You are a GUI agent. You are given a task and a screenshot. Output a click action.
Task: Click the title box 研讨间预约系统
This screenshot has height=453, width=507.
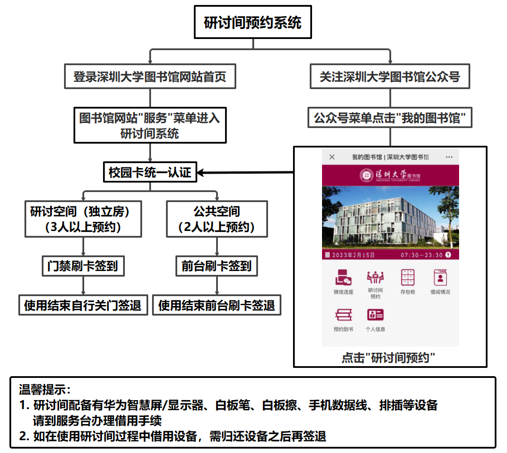[252, 23]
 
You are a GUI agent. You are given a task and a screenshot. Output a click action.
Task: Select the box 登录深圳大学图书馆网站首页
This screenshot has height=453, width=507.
[150, 77]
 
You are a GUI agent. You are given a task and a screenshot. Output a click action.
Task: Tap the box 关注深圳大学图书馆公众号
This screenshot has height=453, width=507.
[389, 77]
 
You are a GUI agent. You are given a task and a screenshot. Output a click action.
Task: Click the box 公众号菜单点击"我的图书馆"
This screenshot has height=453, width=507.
[389, 118]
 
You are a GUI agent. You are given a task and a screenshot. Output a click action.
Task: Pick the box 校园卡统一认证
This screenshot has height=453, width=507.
[150, 173]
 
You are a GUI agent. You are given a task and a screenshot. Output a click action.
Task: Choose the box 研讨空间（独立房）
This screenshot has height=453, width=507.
[83, 219]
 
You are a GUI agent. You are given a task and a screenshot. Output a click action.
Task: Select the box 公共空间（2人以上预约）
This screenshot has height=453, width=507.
[217, 219]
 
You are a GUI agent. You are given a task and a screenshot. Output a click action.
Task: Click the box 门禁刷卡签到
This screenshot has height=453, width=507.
[83, 265]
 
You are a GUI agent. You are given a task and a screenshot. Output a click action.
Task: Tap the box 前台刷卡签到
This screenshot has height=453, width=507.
[217, 265]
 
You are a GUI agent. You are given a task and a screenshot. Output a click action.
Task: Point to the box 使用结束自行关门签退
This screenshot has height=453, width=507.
[83, 305]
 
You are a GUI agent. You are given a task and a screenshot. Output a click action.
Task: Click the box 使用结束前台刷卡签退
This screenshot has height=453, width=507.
[217, 305]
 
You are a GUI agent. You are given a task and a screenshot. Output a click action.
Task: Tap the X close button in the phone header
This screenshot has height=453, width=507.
[332, 157]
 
